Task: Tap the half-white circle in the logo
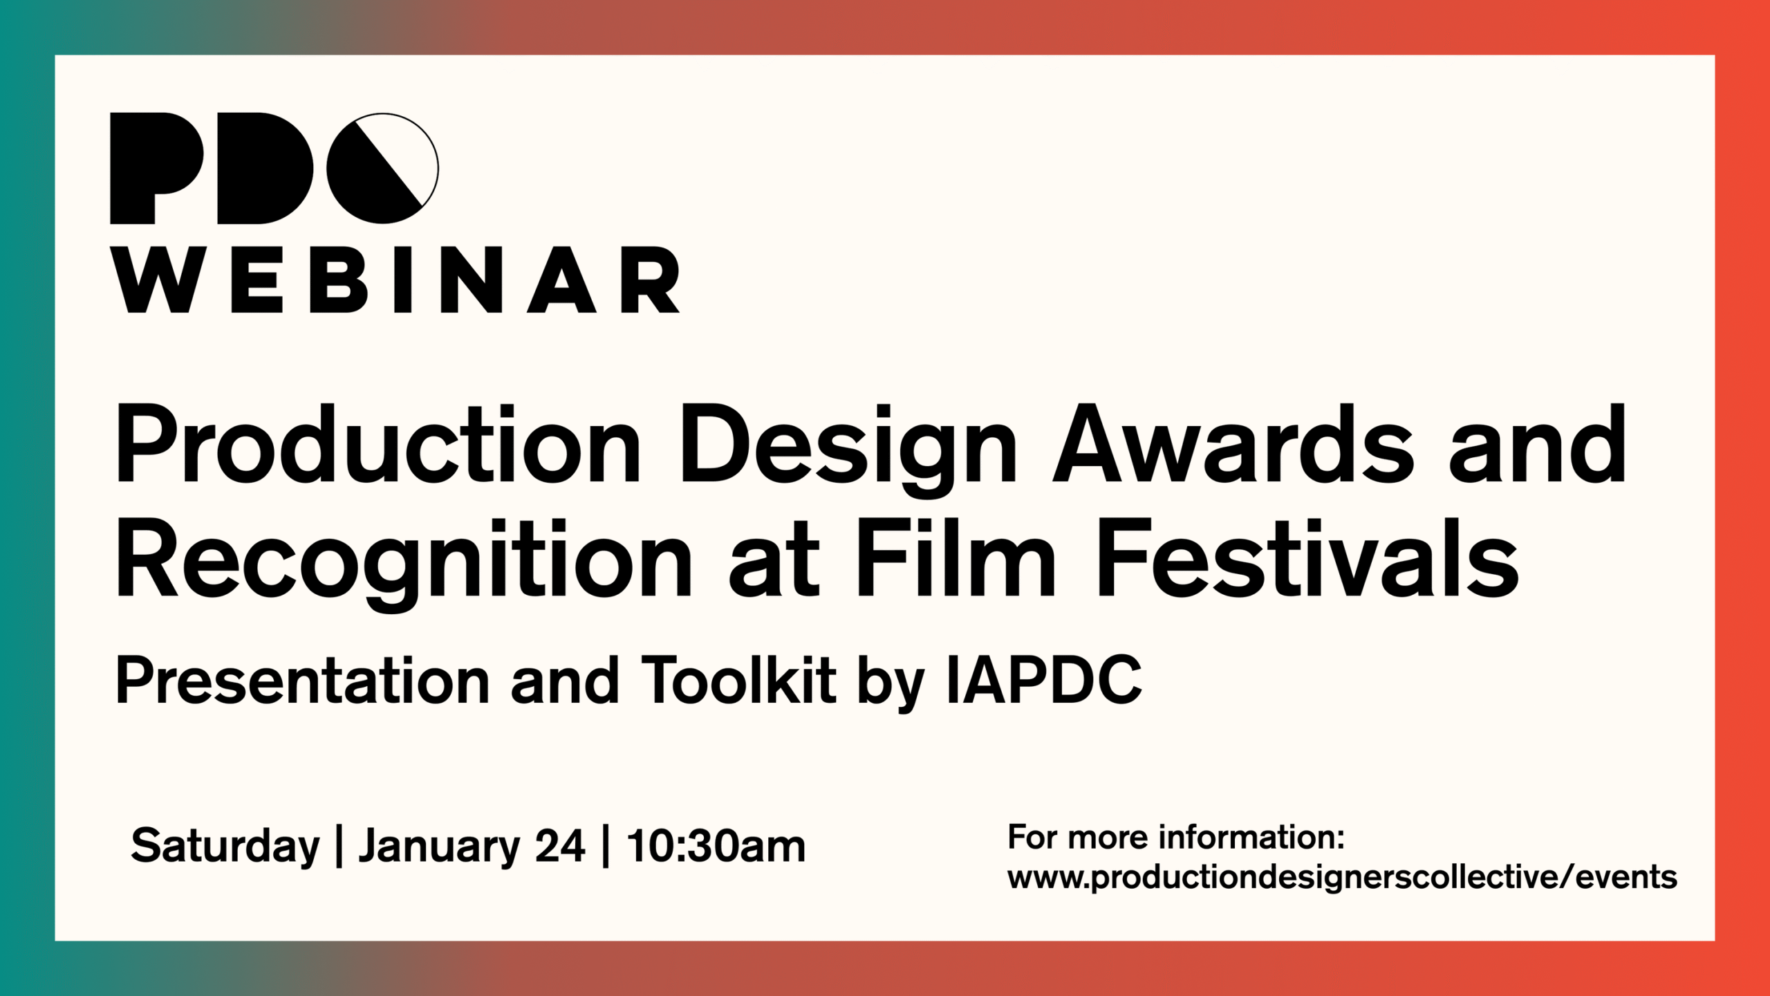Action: [x=382, y=168]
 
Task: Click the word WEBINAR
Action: [x=395, y=280]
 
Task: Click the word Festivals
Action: [x=1307, y=559]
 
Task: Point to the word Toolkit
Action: [x=738, y=681]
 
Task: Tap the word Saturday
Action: [x=225, y=846]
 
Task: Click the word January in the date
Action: [x=438, y=846]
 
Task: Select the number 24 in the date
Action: [x=560, y=846]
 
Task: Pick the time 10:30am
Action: [x=716, y=846]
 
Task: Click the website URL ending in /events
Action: [x=1342, y=877]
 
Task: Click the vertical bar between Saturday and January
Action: [x=339, y=846]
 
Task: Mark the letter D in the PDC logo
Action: [x=265, y=168]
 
